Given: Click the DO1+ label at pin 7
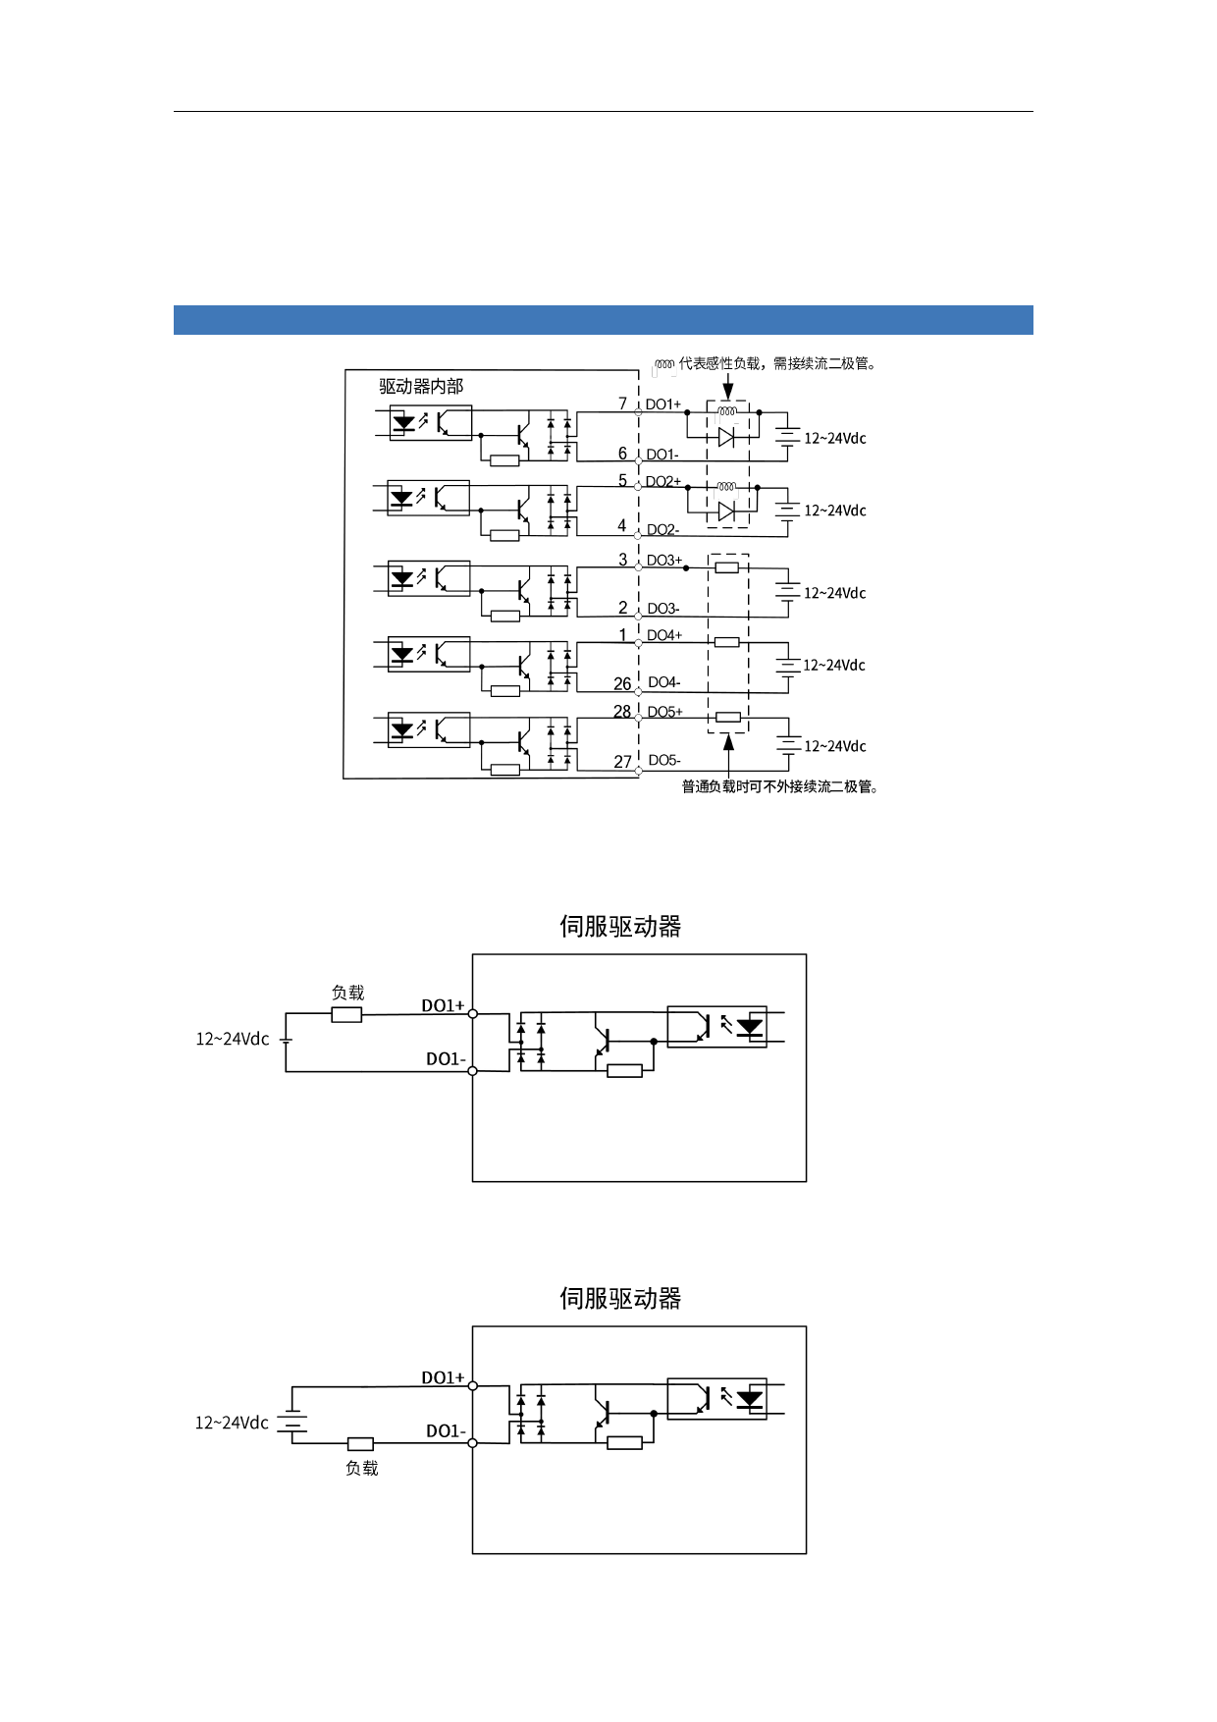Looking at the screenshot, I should click(x=662, y=404).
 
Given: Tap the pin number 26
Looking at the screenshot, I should click(x=622, y=684).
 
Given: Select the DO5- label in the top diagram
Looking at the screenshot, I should click(x=664, y=761).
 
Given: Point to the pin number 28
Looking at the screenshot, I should click(x=622, y=712).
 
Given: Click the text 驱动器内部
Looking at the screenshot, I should click(x=421, y=387).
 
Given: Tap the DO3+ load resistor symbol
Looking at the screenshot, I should click(x=726, y=567).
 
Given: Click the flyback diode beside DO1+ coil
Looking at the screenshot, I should click(x=726, y=438).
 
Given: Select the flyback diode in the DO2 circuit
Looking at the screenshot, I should click(x=726, y=511).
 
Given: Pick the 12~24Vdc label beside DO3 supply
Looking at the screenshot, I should click(x=835, y=593).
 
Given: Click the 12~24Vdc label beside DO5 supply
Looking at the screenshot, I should click(x=835, y=747).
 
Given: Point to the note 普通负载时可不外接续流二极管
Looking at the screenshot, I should click(x=779, y=787).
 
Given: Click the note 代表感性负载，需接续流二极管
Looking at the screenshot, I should click(x=775, y=364).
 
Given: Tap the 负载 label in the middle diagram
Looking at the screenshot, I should click(x=347, y=994).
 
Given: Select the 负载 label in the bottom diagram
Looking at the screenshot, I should click(x=361, y=1469).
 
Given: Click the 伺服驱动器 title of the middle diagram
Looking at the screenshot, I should click(x=620, y=927).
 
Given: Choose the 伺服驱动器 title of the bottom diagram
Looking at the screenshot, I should click(x=620, y=1299).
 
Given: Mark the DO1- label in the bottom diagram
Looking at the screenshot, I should click(x=446, y=1431).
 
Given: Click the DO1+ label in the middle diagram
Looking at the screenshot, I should click(x=443, y=1006).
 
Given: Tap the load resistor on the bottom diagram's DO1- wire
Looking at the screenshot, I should click(x=360, y=1444).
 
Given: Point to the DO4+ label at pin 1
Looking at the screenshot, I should click(x=664, y=636).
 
